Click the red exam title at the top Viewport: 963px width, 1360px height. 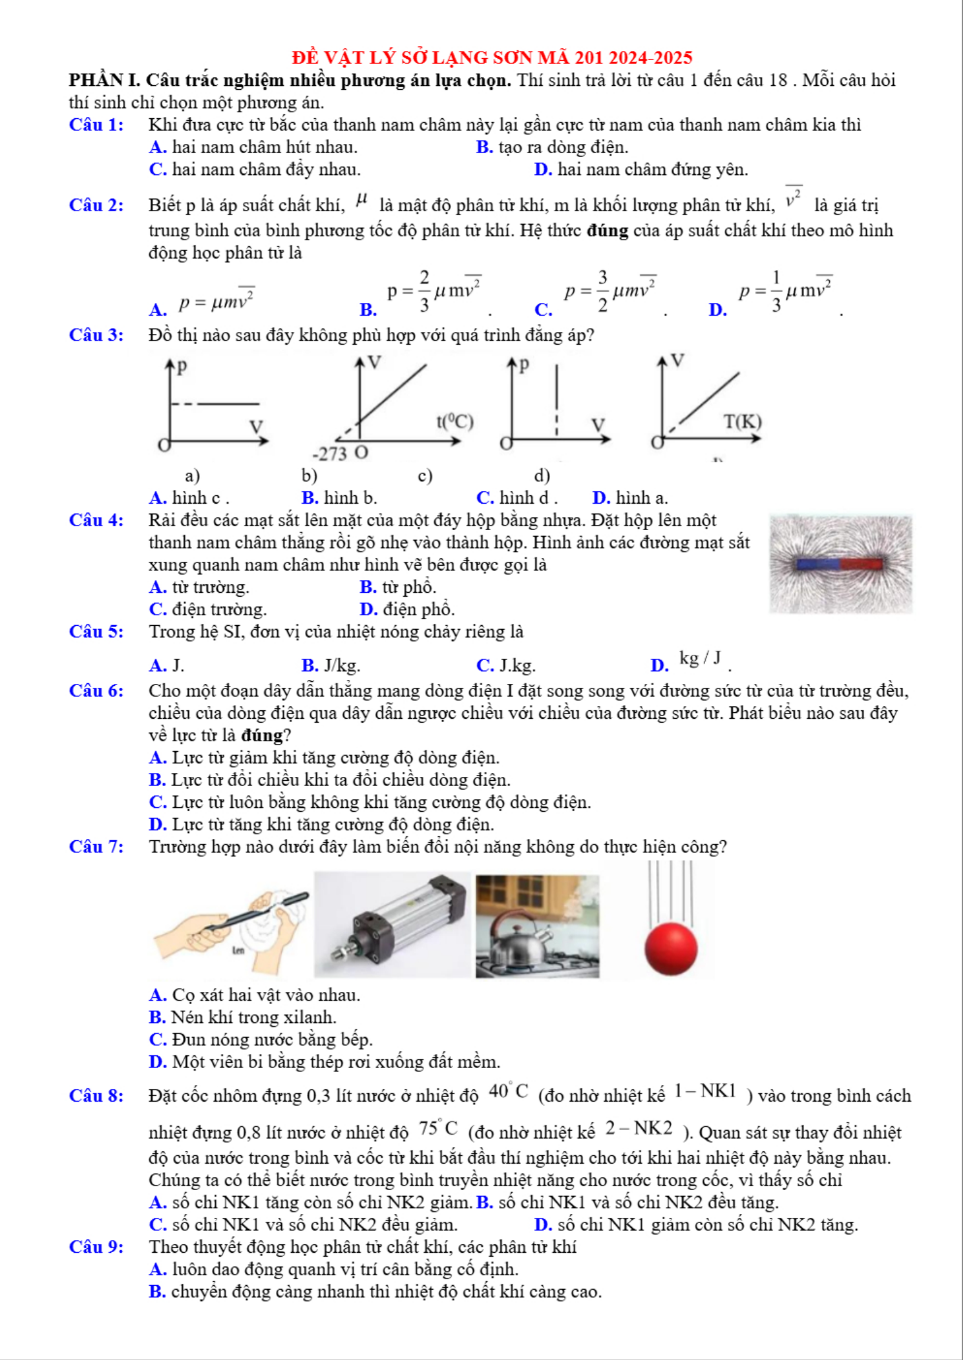tap(492, 57)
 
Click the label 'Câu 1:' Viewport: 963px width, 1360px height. tap(96, 125)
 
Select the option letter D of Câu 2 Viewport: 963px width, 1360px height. tap(717, 310)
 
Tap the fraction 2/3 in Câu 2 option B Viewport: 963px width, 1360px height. tap(424, 291)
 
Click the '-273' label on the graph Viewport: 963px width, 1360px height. tap(330, 454)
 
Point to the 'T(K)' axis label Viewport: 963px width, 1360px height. tap(743, 422)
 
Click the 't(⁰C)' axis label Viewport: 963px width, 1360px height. tap(455, 422)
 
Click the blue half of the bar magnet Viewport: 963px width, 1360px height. tap(818, 564)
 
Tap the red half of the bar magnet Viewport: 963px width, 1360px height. tap(862, 564)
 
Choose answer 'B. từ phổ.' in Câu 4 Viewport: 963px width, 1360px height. tap(398, 587)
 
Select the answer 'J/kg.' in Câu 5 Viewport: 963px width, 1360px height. tap(342, 665)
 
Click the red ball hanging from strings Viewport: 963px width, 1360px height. tap(671, 948)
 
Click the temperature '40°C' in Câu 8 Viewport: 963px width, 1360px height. tap(508, 1091)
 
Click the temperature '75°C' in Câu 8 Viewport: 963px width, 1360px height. tap(438, 1128)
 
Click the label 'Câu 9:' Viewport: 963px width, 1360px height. tap(96, 1247)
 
